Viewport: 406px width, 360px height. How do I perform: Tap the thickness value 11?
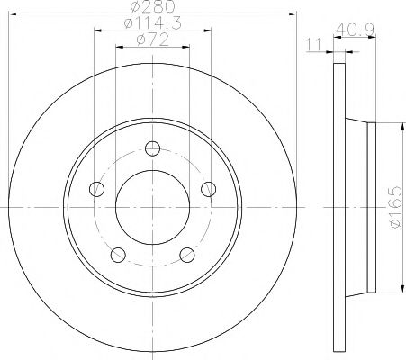coord(312,43)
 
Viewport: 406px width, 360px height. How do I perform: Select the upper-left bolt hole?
coord(96,188)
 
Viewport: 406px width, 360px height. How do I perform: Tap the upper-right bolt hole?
coord(209,188)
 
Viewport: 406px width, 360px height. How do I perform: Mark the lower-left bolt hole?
coord(118,254)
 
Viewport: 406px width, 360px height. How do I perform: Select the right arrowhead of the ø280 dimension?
coord(291,15)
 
